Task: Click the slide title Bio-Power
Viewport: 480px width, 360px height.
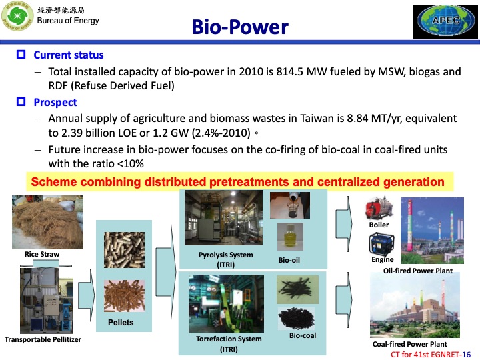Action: (x=240, y=27)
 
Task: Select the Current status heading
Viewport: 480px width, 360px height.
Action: (x=68, y=55)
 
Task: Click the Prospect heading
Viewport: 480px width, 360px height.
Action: (x=55, y=102)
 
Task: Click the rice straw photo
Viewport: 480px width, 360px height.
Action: (x=42, y=222)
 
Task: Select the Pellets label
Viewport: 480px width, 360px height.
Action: (x=120, y=323)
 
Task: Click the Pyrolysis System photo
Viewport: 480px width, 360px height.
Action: (x=220, y=219)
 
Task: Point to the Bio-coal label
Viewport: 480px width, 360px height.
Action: (x=302, y=335)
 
